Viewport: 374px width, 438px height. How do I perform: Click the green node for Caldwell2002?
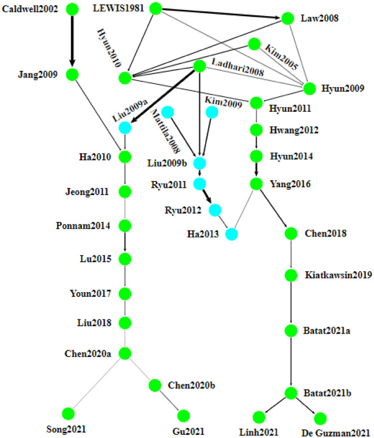click(x=72, y=9)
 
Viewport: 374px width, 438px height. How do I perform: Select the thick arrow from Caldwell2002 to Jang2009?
click(x=72, y=42)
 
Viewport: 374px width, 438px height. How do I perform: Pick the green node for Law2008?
click(x=287, y=18)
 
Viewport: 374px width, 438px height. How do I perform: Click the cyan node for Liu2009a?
click(x=125, y=127)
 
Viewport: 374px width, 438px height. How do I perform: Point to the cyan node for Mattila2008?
click(x=167, y=112)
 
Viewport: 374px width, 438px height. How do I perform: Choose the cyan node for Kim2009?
click(x=212, y=112)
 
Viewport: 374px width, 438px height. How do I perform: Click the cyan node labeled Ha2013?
click(x=232, y=233)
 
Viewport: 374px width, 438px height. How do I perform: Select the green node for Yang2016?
click(x=256, y=184)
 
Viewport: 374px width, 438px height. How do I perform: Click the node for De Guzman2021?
click(x=320, y=418)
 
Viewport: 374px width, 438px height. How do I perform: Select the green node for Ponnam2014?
click(x=125, y=226)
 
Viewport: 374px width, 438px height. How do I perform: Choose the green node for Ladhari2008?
click(x=199, y=67)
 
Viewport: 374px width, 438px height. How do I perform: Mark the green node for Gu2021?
click(x=183, y=416)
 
